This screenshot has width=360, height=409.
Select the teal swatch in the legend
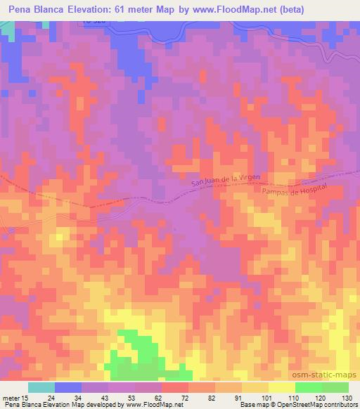[41, 387]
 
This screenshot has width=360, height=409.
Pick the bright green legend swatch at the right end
[335, 387]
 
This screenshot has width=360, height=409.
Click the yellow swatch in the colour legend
[281, 387]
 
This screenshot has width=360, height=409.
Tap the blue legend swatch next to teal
[68, 387]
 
